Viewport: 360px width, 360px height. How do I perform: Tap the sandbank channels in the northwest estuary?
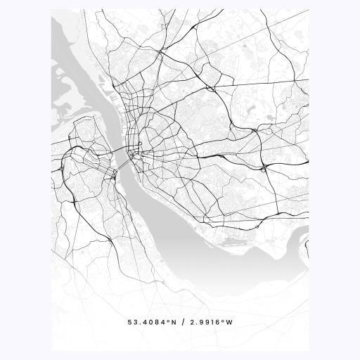(x=70, y=105)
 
